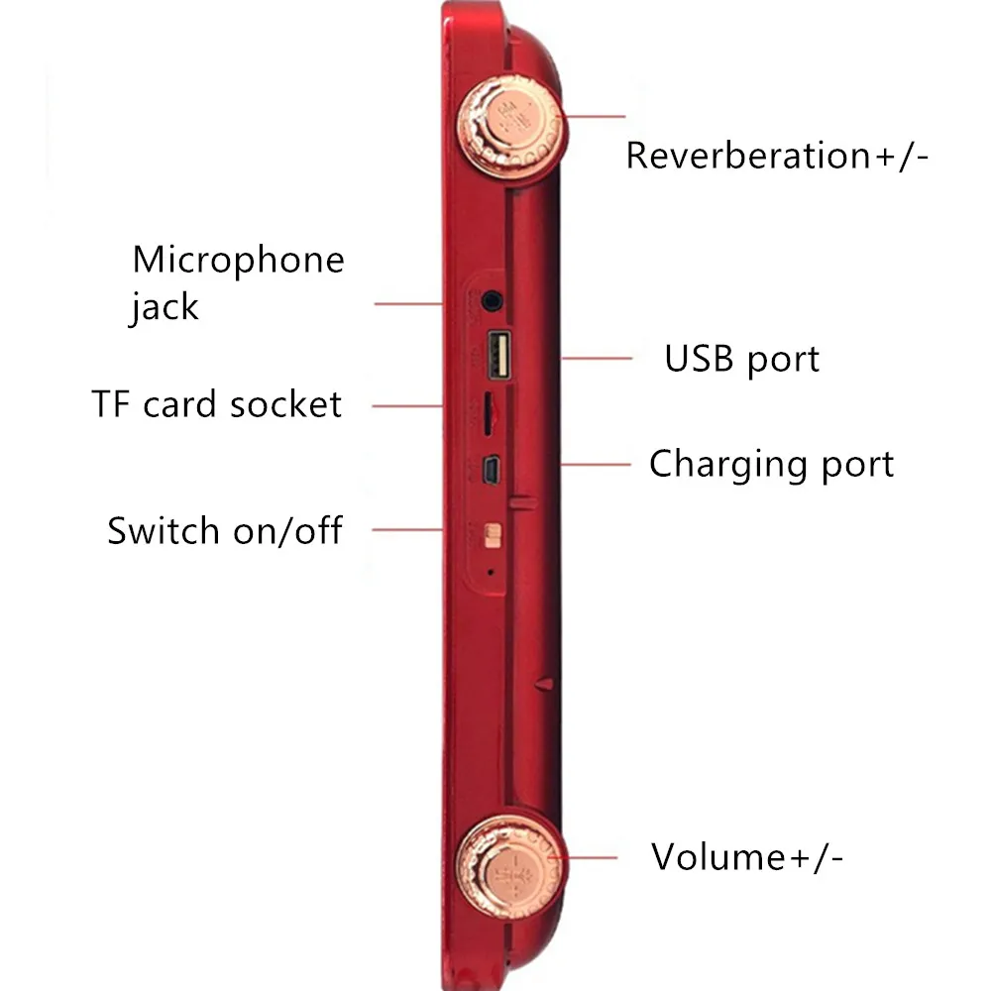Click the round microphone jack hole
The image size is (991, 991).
click(x=490, y=297)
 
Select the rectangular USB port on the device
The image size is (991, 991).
click(x=497, y=356)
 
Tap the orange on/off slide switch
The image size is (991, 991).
click(x=490, y=536)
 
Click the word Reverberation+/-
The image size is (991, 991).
click(x=777, y=157)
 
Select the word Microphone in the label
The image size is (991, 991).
click(x=238, y=260)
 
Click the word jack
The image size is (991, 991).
click(x=164, y=307)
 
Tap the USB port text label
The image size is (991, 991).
click(x=741, y=359)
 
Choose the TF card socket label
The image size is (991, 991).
click(x=216, y=404)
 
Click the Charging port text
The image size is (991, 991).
click(x=771, y=464)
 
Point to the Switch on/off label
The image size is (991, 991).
click(x=224, y=531)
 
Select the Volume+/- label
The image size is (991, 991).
click(x=747, y=856)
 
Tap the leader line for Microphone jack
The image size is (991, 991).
click(x=406, y=302)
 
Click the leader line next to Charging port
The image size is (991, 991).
click(x=595, y=463)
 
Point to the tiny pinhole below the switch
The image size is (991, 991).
click(x=490, y=572)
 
